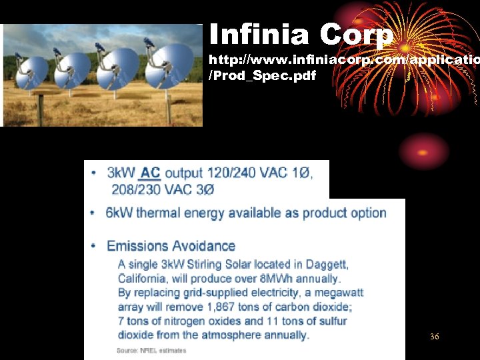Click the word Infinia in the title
point(259,35)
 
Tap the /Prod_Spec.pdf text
point(263,75)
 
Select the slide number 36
point(435,337)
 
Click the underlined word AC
point(150,173)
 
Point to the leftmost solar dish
point(32,69)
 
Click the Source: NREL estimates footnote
point(151,350)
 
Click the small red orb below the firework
point(427,151)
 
